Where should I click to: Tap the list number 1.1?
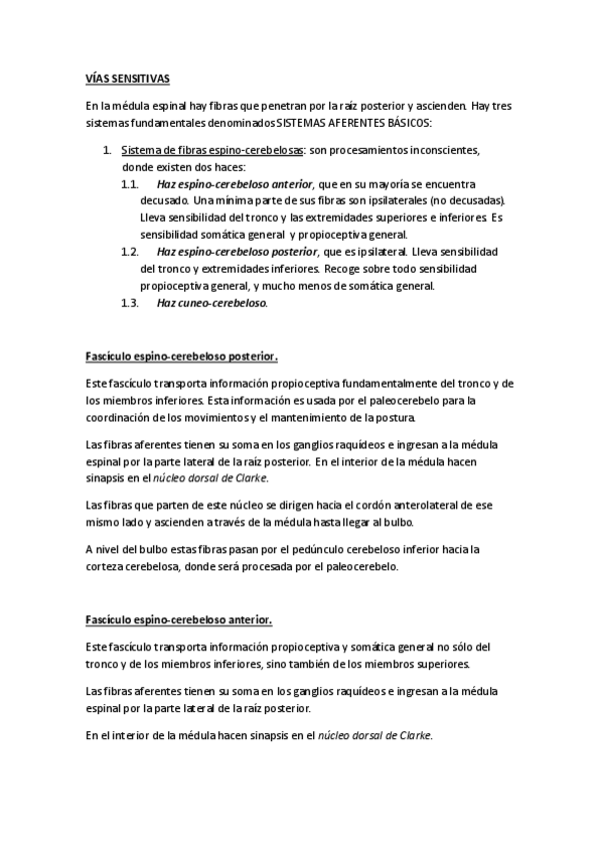coord(129,185)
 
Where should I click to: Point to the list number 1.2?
coord(129,252)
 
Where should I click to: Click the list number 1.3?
coord(129,303)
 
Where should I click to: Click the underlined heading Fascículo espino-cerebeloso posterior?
coord(181,356)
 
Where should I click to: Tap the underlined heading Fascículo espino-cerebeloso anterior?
coord(179,619)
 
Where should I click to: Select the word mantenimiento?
coord(318,417)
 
